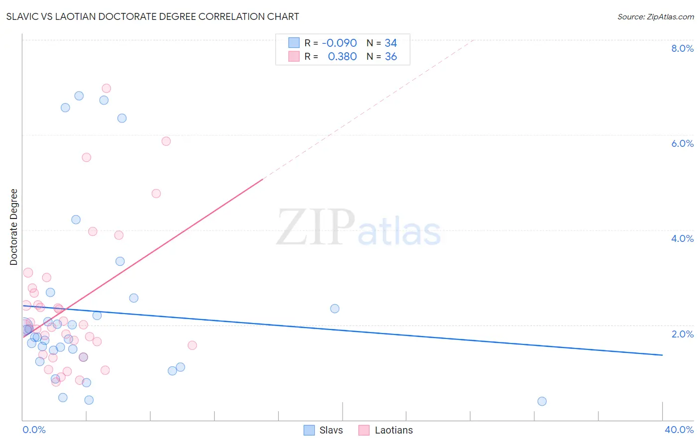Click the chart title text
(152, 16)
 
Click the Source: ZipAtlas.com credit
(655, 16)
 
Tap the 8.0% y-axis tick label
(682, 48)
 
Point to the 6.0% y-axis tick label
(682, 143)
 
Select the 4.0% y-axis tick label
(682, 238)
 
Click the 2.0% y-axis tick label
(682, 334)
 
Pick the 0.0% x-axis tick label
(34, 430)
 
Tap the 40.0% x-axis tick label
(679, 430)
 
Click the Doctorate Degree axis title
(14, 227)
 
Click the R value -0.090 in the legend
(339, 43)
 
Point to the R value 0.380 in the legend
(342, 57)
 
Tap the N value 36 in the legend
(391, 57)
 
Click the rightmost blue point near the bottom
(542, 401)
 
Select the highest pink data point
(106, 88)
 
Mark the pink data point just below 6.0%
(166, 141)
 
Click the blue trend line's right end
(662, 355)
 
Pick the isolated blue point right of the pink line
(335, 309)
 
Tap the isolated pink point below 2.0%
(192, 345)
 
